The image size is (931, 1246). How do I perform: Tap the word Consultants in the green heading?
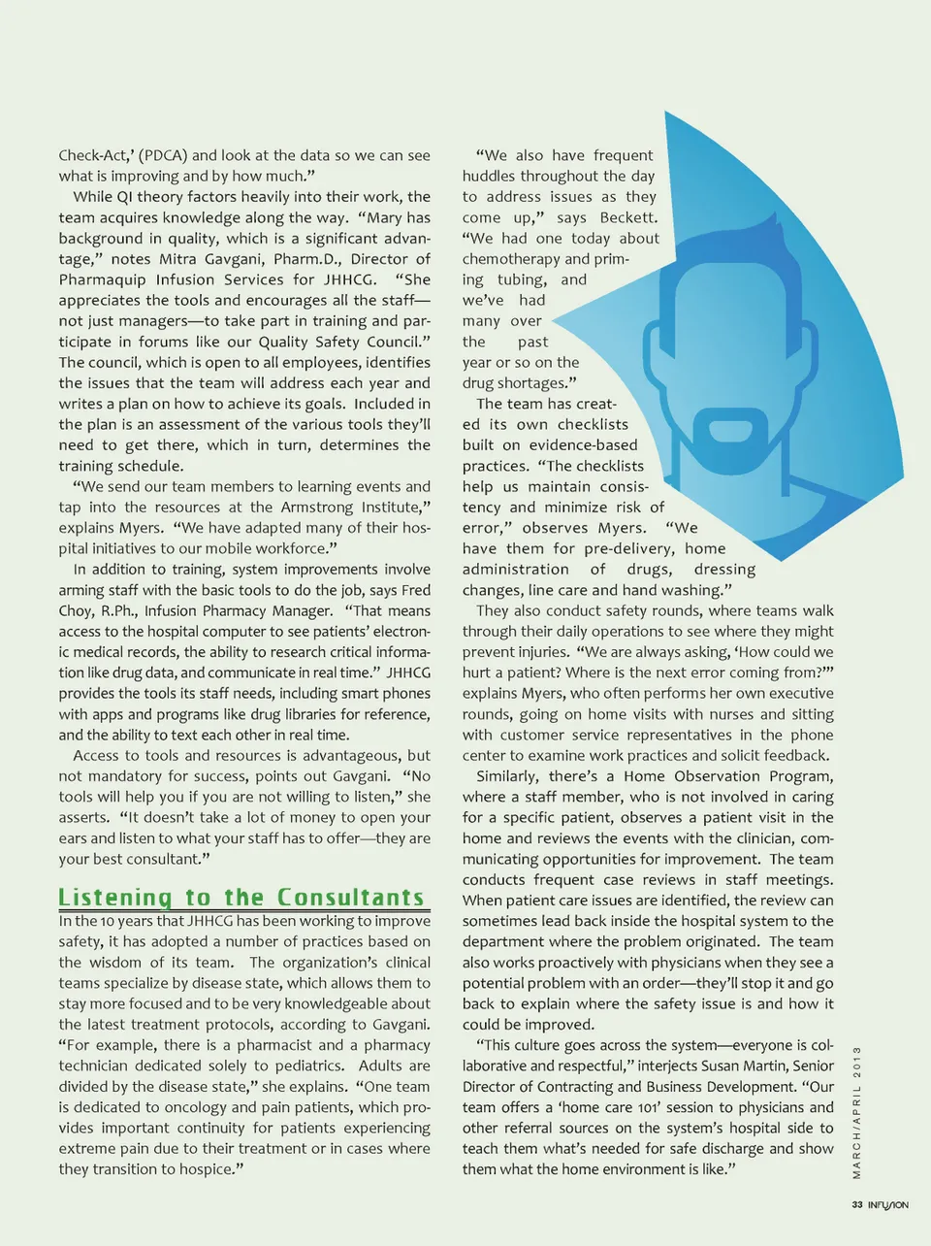pyautogui.click(x=351, y=898)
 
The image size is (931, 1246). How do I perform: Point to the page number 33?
pyautogui.click(x=856, y=1204)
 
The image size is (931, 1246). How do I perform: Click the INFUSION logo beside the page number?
pyautogui.click(x=888, y=1204)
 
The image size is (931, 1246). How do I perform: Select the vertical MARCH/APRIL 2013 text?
pyautogui.click(x=857, y=1112)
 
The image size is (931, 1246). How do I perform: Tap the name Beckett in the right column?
pyautogui.click(x=627, y=217)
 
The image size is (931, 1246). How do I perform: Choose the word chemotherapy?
pyautogui.click(x=511, y=259)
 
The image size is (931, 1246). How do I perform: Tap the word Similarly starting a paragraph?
pyautogui.click(x=507, y=776)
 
